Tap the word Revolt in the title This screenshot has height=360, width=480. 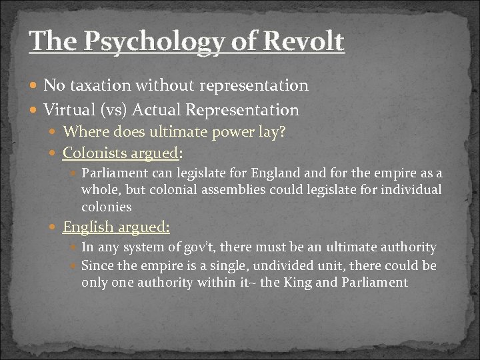(304, 41)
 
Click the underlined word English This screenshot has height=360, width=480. (88, 227)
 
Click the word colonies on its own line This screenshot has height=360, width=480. (107, 207)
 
